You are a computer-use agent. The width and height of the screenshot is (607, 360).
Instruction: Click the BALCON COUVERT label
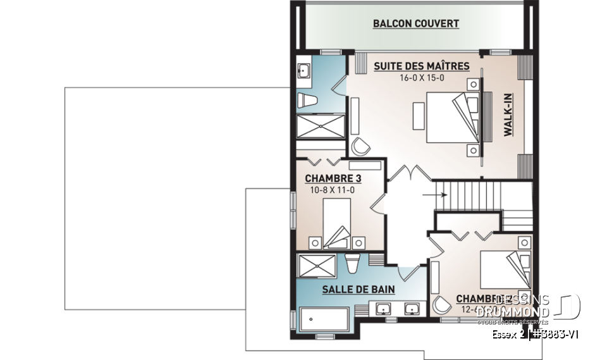(x=415, y=24)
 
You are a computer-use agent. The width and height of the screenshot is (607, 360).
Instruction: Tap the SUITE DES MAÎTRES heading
(x=421, y=66)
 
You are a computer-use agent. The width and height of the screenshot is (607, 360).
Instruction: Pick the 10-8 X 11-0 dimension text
(x=328, y=189)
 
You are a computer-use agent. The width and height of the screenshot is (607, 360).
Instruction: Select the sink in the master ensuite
(x=302, y=71)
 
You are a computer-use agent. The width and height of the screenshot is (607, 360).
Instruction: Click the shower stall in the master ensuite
(x=321, y=125)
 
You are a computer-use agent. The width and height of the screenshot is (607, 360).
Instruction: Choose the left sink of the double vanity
(x=384, y=310)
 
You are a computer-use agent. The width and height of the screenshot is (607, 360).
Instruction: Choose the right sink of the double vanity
(x=412, y=310)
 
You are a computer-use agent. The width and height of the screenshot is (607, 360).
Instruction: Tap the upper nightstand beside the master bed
(x=473, y=84)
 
